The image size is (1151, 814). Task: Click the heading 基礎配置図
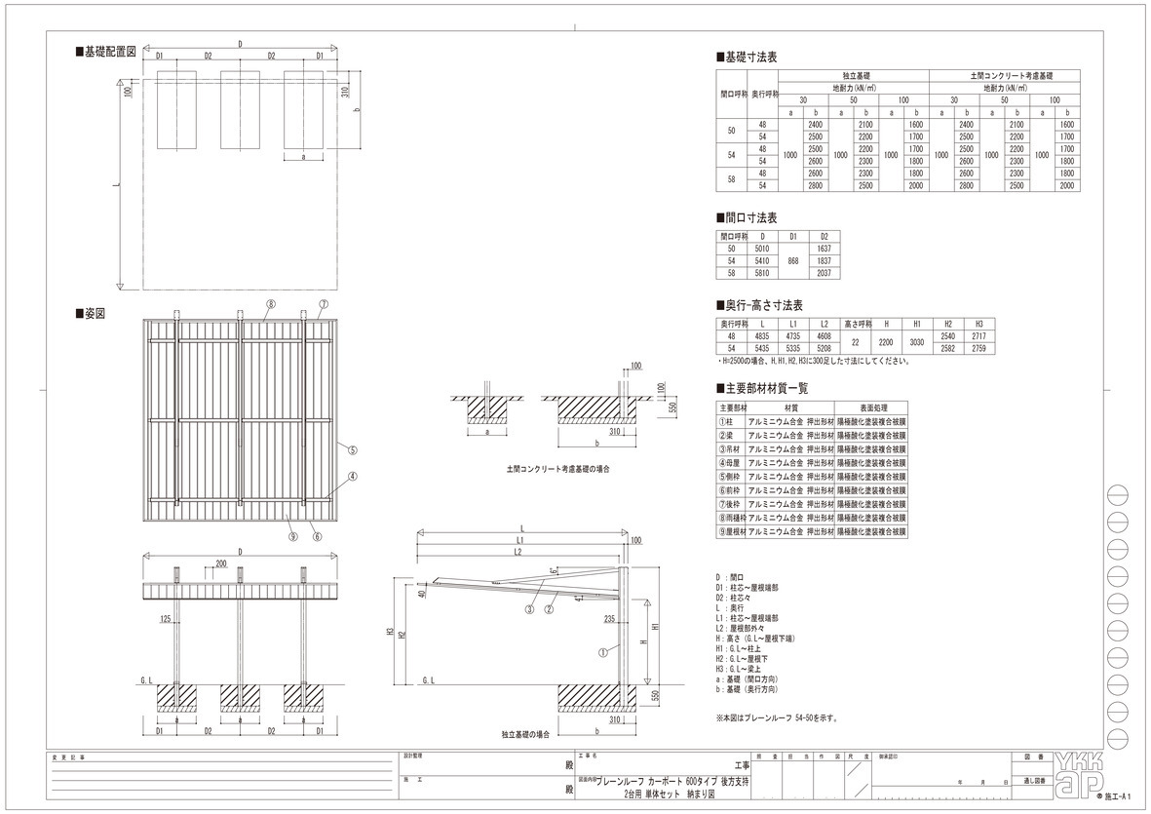(x=110, y=52)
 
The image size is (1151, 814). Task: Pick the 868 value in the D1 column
(x=792, y=261)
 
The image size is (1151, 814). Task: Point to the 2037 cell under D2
(x=825, y=274)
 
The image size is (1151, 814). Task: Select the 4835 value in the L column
(x=762, y=335)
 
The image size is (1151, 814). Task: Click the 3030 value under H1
(x=916, y=341)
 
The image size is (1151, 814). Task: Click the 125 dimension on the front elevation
(x=166, y=618)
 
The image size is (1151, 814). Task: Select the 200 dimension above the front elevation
(x=221, y=564)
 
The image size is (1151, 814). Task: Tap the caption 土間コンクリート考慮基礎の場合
(x=558, y=469)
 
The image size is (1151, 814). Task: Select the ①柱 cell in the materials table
(x=730, y=421)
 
